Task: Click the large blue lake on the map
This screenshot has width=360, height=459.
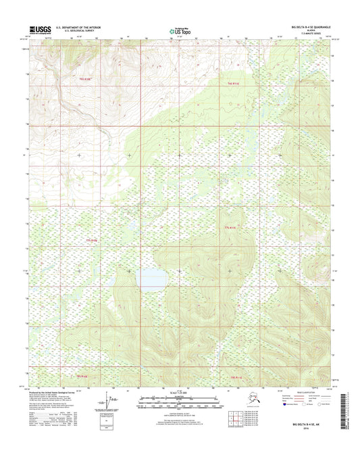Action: [151, 278]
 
